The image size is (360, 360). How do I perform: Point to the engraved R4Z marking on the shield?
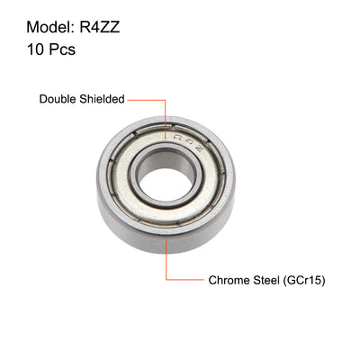(x=188, y=140)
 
